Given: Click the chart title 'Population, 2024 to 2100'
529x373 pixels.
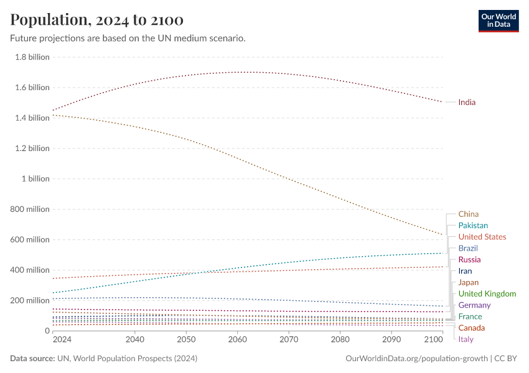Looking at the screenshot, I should [96, 20].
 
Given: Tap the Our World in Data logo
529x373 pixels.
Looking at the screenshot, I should [498, 20].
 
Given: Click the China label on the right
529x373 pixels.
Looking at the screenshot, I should [468, 214].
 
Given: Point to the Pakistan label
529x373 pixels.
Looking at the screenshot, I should [473, 226].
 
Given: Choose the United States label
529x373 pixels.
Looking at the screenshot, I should [482, 237].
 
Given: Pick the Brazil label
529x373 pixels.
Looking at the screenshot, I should [468, 248].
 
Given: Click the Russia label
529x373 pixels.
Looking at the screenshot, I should [469, 259].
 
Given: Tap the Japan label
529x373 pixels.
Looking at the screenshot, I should [468, 282].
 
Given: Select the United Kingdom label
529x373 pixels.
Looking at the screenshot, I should [487, 293].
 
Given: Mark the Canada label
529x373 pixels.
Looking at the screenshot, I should [470, 328].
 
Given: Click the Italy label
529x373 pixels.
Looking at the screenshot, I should [466, 339].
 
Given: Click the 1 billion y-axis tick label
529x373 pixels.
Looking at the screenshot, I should [35, 178].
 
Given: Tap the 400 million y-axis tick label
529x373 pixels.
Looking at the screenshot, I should [30, 270].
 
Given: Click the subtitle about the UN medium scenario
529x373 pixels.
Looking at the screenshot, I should [128, 38].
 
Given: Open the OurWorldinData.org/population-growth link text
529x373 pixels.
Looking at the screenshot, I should [416, 359].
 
